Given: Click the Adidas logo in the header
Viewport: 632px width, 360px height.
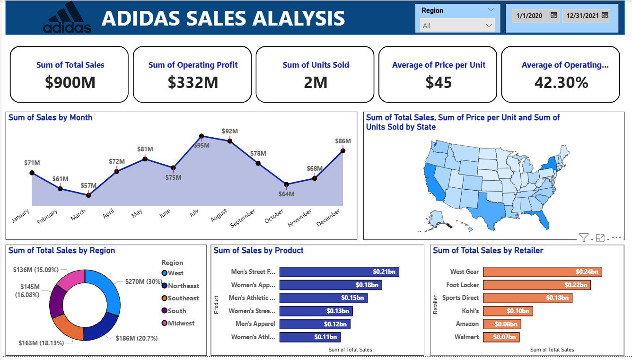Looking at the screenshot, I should (x=67, y=18).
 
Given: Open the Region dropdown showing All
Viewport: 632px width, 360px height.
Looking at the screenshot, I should (x=457, y=26).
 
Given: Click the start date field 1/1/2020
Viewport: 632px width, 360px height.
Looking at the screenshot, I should (x=535, y=16).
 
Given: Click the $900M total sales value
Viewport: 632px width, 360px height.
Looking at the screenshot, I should (x=70, y=82).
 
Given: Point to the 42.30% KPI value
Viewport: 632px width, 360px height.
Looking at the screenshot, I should (x=561, y=82).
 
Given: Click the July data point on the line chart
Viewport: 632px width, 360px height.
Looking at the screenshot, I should (x=202, y=136).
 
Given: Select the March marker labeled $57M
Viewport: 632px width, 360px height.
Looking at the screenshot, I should (x=88, y=195).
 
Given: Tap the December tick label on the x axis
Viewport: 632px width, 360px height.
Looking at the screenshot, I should (x=328, y=218).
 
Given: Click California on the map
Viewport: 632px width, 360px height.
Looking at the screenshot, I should (x=434, y=182).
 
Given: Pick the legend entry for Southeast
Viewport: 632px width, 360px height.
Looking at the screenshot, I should (x=183, y=298).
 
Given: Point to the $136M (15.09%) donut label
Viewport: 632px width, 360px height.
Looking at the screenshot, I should (x=36, y=270).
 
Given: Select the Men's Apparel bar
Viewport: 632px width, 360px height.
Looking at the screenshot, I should (x=315, y=324).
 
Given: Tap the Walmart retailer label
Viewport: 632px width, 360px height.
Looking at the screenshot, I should (x=467, y=337).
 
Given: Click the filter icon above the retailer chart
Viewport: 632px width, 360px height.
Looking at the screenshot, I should (x=583, y=237).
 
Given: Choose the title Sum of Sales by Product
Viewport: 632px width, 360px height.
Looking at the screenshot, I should (x=258, y=251).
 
